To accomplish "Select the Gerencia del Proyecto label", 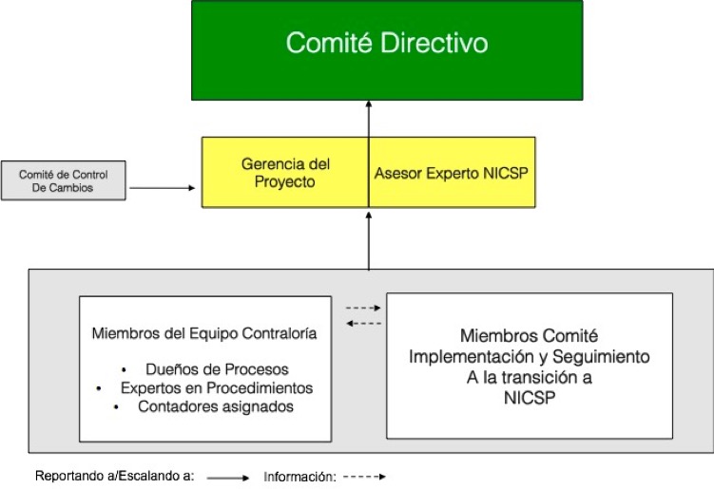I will [x=278, y=171].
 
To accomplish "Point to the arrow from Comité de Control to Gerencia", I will [x=164, y=188].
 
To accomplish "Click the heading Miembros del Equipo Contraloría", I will [x=204, y=333].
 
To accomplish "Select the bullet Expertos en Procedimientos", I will [x=217, y=388].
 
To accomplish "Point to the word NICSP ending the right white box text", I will [x=529, y=399].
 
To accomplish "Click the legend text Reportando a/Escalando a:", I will [x=114, y=476].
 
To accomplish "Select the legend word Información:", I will [x=299, y=476].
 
